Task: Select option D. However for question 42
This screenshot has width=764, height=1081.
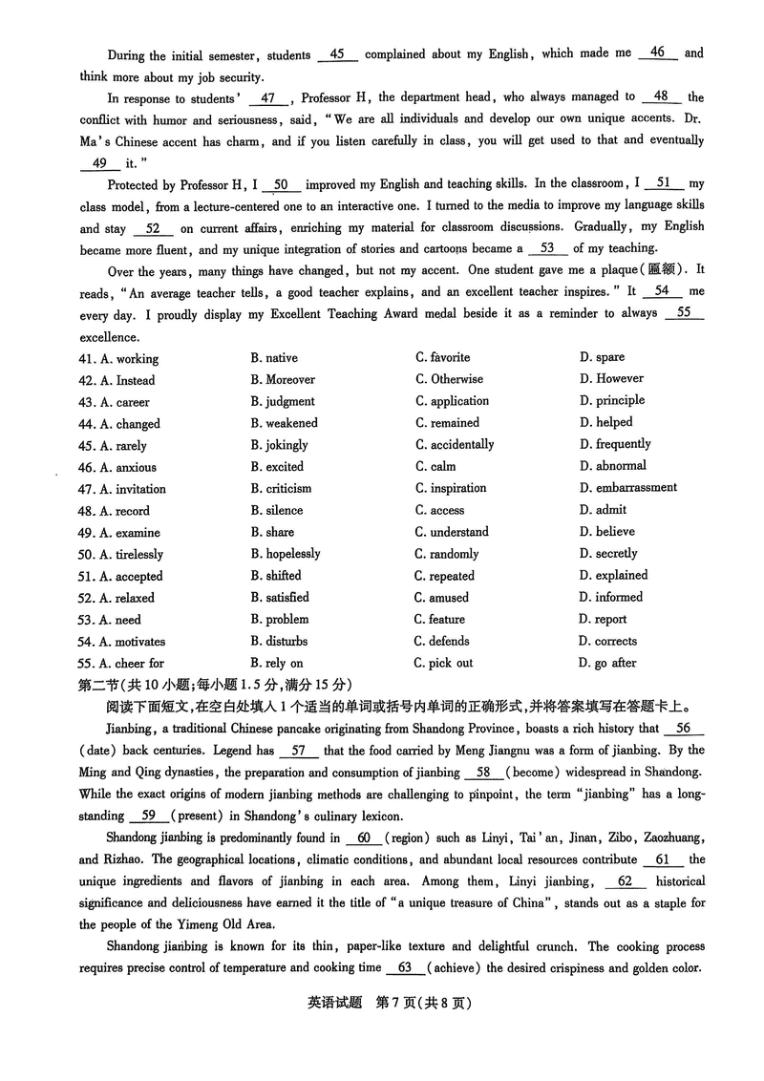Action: (x=611, y=378)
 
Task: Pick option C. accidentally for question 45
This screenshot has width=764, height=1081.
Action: (x=455, y=444)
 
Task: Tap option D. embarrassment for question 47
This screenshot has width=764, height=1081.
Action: (x=627, y=487)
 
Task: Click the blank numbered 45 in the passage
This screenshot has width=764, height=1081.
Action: (x=337, y=54)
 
